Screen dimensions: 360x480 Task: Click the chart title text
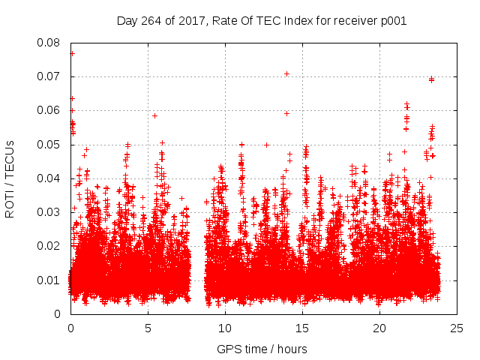click(x=262, y=20)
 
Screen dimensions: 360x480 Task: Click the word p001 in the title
click(x=392, y=20)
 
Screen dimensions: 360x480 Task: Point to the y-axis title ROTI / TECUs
click(x=10, y=178)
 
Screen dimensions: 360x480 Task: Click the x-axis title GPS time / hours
click(x=262, y=349)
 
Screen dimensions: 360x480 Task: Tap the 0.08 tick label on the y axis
click(x=50, y=43)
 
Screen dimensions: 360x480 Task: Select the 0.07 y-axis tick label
click(x=50, y=76)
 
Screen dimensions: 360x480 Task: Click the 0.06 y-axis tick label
click(x=50, y=110)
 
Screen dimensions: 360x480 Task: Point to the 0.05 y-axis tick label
click(x=50, y=144)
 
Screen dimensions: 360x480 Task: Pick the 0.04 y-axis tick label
click(x=50, y=178)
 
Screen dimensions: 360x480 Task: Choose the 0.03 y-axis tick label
click(x=50, y=212)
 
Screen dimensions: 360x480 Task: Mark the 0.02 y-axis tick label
click(x=50, y=246)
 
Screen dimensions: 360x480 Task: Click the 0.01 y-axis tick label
click(x=50, y=280)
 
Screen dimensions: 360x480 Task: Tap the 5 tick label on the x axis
click(x=148, y=328)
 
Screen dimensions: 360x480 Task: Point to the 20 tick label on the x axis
click(x=380, y=328)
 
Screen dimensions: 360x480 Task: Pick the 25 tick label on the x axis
click(x=457, y=328)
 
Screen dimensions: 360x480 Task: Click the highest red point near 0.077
click(x=72, y=53)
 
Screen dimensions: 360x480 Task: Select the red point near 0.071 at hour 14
click(x=286, y=73)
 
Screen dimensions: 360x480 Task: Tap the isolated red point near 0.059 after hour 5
click(x=154, y=115)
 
